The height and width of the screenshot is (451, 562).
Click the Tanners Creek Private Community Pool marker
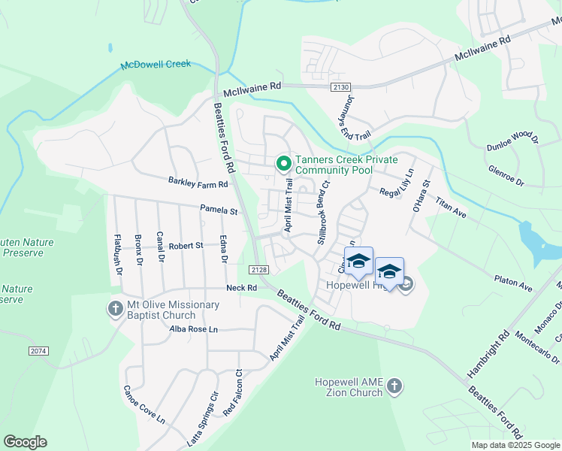(x=283, y=162)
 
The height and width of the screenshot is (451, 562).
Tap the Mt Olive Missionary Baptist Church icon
(x=116, y=308)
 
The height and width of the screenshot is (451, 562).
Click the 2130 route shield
(x=340, y=88)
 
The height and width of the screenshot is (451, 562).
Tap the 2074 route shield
(x=39, y=351)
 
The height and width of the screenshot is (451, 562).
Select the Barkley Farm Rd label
(x=198, y=183)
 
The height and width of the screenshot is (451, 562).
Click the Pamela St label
(x=219, y=210)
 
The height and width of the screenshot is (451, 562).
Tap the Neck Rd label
(x=242, y=288)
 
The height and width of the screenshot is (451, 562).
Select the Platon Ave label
(x=513, y=285)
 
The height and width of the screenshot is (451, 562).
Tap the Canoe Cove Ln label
(x=144, y=404)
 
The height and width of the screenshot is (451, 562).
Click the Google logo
(x=25, y=442)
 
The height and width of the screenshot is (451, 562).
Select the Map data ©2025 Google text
(x=515, y=445)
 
